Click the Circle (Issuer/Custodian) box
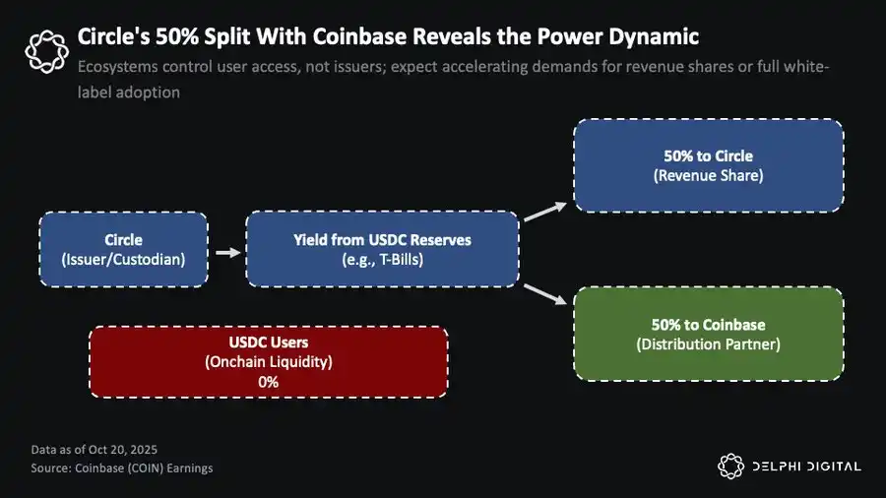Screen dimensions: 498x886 (123, 249)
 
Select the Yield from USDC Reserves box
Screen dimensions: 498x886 (382, 249)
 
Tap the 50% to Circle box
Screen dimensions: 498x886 (708, 165)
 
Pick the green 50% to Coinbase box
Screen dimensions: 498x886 (708, 334)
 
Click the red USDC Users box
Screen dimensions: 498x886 (268, 362)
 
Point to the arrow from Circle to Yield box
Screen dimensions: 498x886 (226, 252)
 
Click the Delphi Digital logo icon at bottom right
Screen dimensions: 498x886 (729, 466)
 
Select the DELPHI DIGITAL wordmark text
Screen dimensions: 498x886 (806, 467)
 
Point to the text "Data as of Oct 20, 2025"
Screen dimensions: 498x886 (95, 450)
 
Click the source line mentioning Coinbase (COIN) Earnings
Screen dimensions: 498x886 (121, 467)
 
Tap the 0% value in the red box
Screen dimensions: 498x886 (268, 381)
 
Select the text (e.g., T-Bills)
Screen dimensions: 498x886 (382, 259)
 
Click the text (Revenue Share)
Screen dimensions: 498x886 (708, 175)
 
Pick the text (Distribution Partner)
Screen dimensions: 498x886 (708, 343)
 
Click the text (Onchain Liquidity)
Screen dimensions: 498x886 (268, 362)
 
